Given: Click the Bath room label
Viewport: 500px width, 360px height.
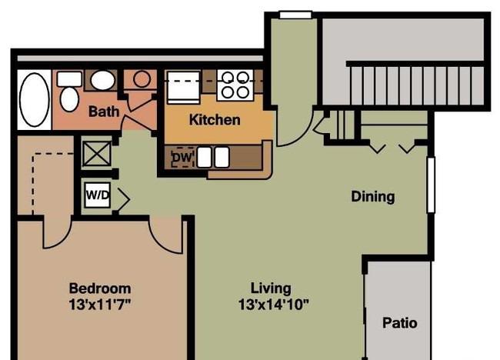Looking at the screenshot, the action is [x=104, y=112].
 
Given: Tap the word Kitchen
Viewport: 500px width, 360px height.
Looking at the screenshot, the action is [x=215, y=120].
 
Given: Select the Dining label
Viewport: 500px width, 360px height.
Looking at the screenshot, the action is [x=373, y=196].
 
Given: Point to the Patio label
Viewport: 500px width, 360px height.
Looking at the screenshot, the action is [x=400, y=323].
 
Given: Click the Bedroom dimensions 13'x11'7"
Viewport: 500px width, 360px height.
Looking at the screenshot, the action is [x=100, y=305].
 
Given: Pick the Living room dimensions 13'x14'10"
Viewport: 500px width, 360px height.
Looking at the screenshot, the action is [x=274, y=305].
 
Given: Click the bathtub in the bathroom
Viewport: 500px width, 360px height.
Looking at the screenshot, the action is [x=35, y=100].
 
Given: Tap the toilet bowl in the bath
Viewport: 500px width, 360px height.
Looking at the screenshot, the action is [x=69, y=99].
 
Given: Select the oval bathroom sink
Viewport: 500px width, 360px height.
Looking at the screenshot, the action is [x=102, y=80].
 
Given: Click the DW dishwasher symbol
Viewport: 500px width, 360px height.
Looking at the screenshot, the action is [x=182, y=157].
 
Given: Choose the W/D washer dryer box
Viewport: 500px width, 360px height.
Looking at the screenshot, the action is [x=98, y=195].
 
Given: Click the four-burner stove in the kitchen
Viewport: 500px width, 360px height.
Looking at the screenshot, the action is [x=235, y=85].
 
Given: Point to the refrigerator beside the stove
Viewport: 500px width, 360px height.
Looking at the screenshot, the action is [x=184, y=88].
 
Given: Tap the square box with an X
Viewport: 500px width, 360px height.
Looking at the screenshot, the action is [x=97, y=154].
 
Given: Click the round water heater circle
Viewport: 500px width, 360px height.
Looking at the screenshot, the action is [x=142, y=78].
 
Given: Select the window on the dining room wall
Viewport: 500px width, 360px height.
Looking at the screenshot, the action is [x=431, y=185].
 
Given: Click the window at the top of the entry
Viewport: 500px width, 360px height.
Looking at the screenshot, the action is [x=295, y=15].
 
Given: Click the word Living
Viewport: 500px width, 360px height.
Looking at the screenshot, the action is [x=271, y=288].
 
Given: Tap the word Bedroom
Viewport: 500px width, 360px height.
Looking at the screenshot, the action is [x=100, y=288].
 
